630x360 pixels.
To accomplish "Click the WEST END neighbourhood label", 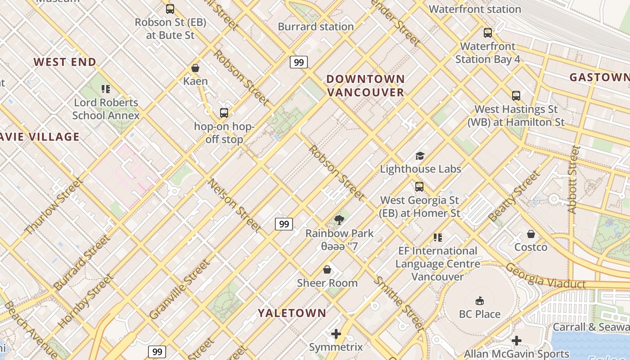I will point(65,62).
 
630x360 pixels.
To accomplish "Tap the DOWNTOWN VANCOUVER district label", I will point(365,85).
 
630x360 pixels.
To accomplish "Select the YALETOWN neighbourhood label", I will point(292,313).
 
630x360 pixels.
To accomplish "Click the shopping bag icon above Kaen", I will point(195,68).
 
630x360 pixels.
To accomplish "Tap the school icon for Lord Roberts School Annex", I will point(106,89).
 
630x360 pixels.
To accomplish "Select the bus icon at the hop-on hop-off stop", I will point(224,113).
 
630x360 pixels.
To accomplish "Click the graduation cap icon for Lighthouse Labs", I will point(420,156).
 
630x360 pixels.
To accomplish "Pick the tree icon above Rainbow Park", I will point(339,220).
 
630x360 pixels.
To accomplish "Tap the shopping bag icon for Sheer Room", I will point(327,270).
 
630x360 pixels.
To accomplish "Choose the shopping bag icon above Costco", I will point(531,234).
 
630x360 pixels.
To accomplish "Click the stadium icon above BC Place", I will point(479,301).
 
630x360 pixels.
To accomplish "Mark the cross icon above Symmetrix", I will point(336,334).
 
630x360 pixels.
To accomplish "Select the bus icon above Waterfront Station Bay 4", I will point(488,33).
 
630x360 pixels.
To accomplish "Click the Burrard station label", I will point(315,27).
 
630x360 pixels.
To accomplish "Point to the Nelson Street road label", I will point(234,206).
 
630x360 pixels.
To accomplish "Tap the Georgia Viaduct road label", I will point(545,275).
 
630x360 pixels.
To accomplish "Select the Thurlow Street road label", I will point(53,207).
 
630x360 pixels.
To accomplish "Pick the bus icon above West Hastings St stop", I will point(516,96).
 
